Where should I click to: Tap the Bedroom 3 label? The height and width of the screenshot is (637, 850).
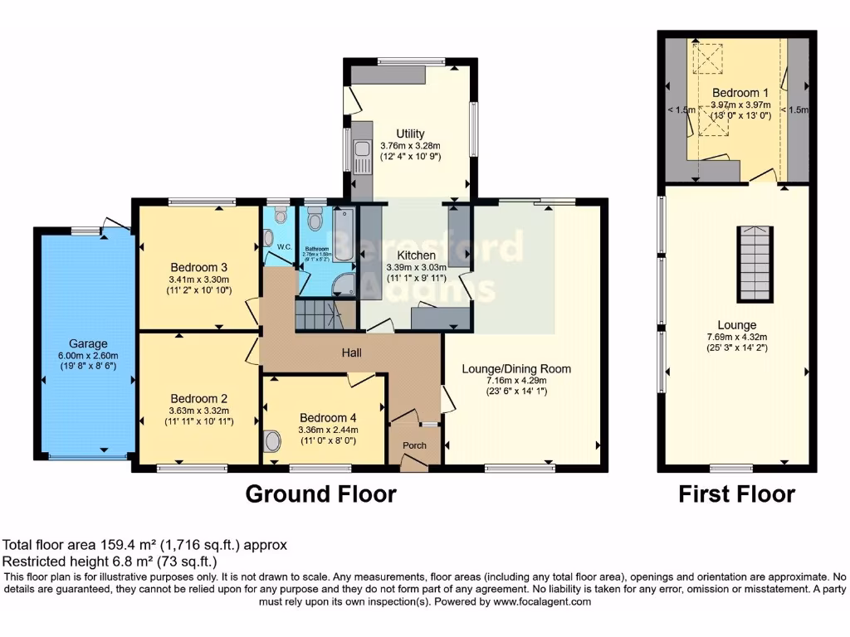(x=199, y=267)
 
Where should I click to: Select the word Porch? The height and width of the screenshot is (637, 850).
(x=414, y=445)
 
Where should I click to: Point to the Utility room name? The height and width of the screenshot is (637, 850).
(x=410, y=134)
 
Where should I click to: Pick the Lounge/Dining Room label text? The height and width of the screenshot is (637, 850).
(x=518, y=368)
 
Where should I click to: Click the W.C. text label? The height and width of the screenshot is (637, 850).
(x=283, y=246)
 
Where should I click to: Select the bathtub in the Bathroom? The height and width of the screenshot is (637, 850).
(x=344, y=236)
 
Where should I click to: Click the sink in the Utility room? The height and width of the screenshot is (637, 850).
(x=361, y=156)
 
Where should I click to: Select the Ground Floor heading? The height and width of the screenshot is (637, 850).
(x=320, y=494)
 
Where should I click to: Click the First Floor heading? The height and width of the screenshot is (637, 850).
(x=736, y=494)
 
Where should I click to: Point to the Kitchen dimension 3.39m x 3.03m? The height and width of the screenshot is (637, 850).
(x=417, y=268)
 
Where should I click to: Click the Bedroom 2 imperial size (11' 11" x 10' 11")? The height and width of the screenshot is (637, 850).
(x=199, y=421)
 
